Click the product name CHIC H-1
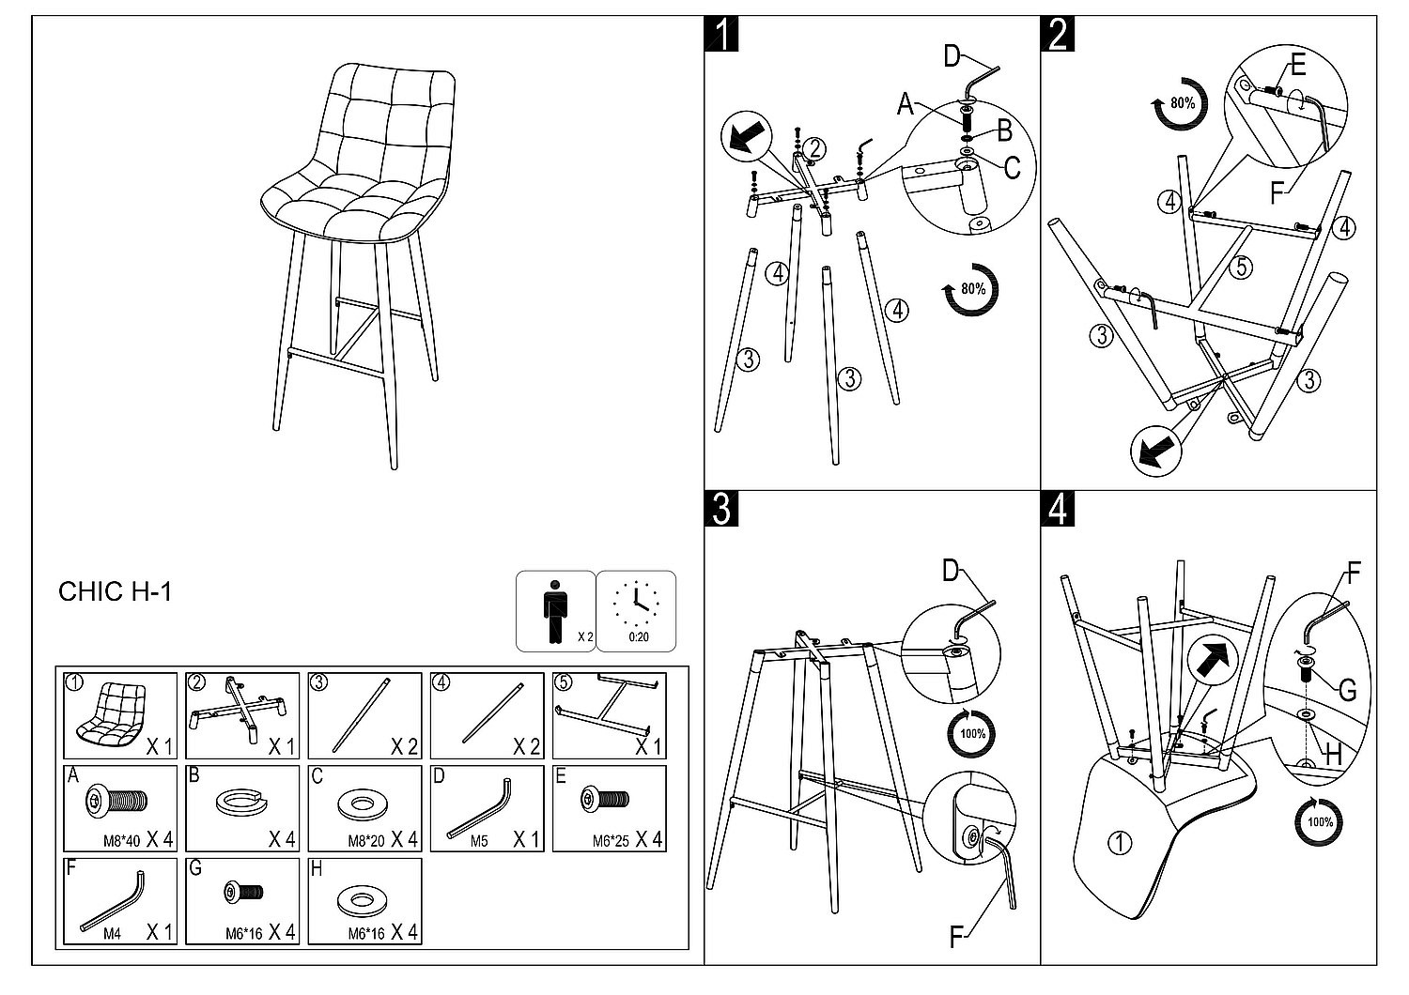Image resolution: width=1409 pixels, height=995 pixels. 115,591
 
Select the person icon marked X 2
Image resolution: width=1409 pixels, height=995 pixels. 556,610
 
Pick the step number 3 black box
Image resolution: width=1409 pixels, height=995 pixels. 720,508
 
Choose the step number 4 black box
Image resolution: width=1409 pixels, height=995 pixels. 1058,508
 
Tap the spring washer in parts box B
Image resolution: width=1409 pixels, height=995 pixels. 241,803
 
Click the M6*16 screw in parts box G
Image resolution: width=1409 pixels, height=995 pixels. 243,892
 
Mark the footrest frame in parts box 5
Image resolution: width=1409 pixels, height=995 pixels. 607,709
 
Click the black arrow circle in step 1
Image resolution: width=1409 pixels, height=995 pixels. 745,138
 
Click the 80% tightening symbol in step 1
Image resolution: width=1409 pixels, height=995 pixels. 971,289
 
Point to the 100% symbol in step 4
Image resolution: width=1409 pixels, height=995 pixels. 1319,822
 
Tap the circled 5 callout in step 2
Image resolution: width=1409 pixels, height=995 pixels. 1241,268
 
